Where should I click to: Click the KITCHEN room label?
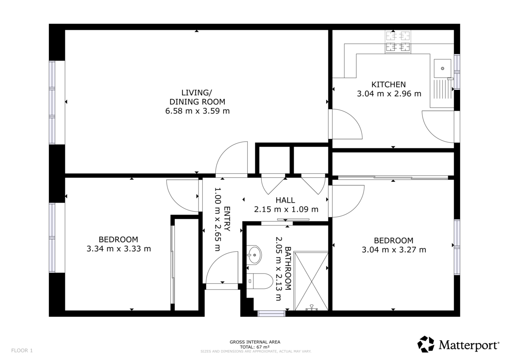click(389, 84)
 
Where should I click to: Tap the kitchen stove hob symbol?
click(398, 42)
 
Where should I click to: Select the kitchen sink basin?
click(442, 68)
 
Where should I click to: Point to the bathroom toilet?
click(260, 281)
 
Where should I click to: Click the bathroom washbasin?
click(254, 254)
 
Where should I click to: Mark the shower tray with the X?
click(311, 281)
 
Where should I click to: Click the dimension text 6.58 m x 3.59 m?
click(197, 111)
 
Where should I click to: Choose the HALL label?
click(285, 200)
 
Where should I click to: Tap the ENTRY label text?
click(227, 219)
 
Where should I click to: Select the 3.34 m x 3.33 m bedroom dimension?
click(119, 249)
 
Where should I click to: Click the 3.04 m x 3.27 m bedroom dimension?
click(394, 250)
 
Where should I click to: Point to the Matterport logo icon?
click(425, 345)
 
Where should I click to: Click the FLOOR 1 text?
click(22, 351)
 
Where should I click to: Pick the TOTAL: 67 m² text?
click(255, 347)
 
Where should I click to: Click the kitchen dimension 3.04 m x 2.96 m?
click(389, 94)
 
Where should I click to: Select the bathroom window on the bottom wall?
click(271, 313)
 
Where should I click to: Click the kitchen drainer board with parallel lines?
click(442, 89)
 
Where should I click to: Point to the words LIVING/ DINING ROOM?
click(197, 97)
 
